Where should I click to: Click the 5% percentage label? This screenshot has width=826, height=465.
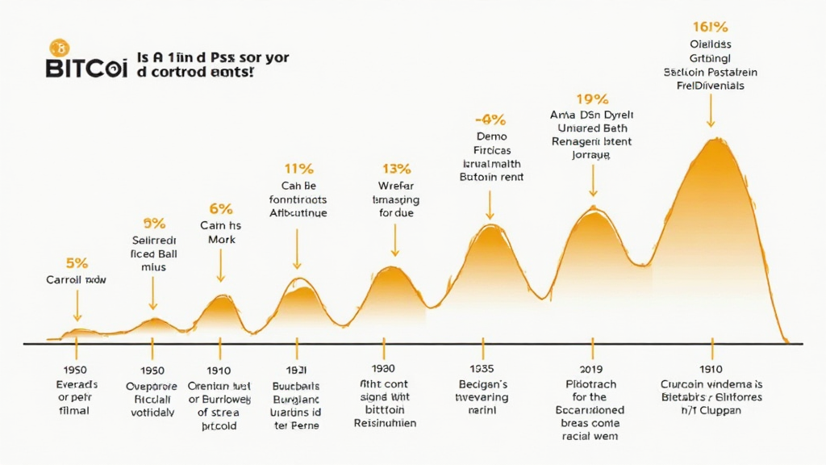(77, 263)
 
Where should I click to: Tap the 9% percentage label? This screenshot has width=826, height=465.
(154, 224)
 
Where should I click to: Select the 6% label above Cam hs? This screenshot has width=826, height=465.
(220, 209)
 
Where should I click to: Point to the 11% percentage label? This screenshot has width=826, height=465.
(298, 170)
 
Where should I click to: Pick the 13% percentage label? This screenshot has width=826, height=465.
(395, 170)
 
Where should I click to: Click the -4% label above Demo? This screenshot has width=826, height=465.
(490, 119)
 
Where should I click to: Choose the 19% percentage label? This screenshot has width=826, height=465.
(592, 99)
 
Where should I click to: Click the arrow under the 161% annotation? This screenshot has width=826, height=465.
(711, 111)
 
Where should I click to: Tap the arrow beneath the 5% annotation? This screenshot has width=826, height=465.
(77, 308)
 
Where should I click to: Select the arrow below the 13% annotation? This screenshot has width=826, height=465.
(395, 241)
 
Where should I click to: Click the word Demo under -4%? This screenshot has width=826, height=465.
(490, 137)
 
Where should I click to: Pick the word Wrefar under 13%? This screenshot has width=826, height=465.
(395, 186)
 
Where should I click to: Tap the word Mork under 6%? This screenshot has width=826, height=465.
(220, 240)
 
